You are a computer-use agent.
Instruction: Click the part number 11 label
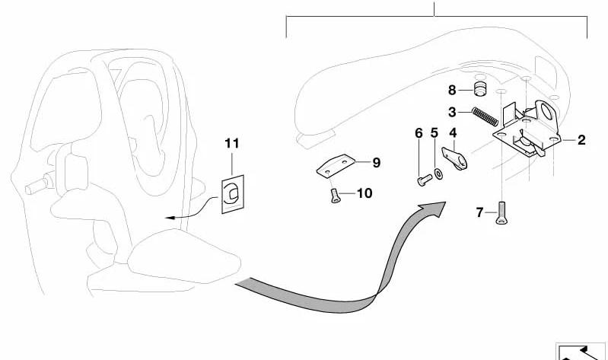pyautogui.click(x=232, y=144)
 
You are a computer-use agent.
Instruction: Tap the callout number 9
pyautogui.click(x=376, y=163)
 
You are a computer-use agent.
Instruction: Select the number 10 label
pyautogui.click(x=364, y=193)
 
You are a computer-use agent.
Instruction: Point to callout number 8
pyautogui.click(x=452, y=91)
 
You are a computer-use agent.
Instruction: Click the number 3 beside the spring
pyautogui.click(x=452, y=113)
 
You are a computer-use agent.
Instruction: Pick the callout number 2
pyautogui.click(x=581, y=140)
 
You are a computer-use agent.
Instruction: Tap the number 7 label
pyautogui.click(x=479, y=212)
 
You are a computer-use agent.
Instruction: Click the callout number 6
pyautogui.click(x=419, y=133)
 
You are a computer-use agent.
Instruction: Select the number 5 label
pyautogui.click(x=435, y=133)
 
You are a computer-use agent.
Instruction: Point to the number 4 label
pyautogui.click(x=453, y=133)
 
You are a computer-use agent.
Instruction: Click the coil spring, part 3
pyautogui.click(x=485, y=116)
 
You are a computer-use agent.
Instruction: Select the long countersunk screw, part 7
pyautogui.click(x=501, y=213)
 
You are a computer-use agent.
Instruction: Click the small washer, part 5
pyautogui.click(x=439, y=174)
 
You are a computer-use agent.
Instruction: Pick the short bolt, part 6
pyautogui.click(x=425, y=180)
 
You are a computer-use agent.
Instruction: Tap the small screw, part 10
pyautogui.click(x=335, y=196)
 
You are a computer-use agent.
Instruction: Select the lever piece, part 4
pyautogui.click(x=454, y=158)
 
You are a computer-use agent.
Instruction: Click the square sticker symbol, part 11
pyautogui.click(x=233, y=194)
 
